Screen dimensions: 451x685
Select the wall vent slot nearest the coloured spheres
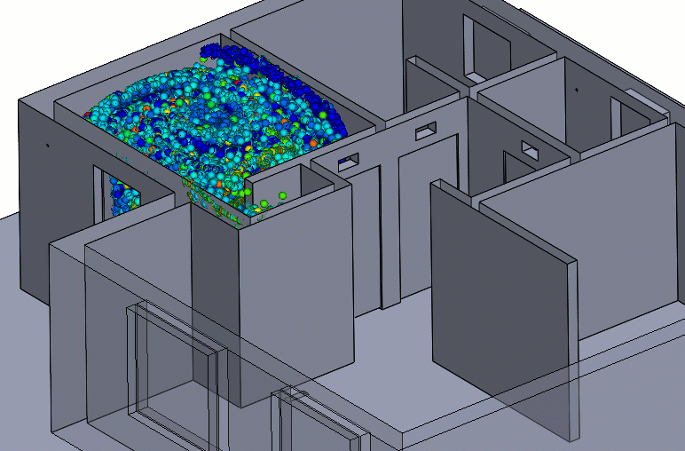[347, 161]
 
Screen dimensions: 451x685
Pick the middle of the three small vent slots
[426, 131]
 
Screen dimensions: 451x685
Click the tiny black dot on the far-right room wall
[574, 90]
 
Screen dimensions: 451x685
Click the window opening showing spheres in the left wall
[116, 195]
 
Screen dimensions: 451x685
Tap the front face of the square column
[297, 293]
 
